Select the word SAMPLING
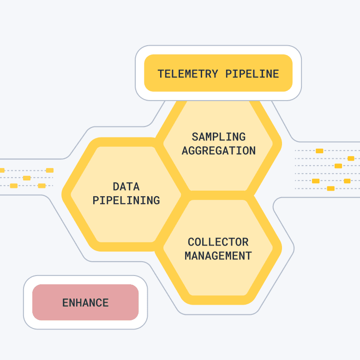tap(219, 137)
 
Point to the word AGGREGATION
tap(219, 150)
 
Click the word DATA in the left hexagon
tap(126, 186)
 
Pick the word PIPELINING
tap(126, 200)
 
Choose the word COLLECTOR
tap(218, 242)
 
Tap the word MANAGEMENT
tap(218, 256)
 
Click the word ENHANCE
tap(85, 303)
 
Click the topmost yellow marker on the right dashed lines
tap(319, 151)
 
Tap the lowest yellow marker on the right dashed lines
tap(330, 188)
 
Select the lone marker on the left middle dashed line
tap(27, 178)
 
